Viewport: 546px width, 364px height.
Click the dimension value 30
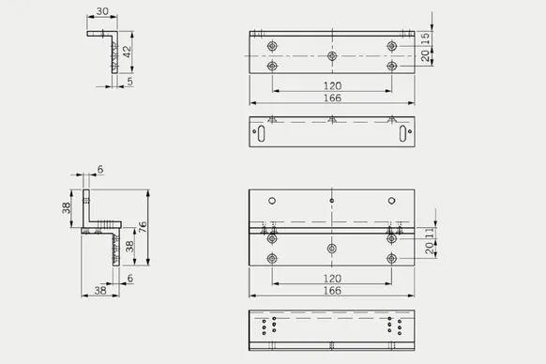click(101, 12)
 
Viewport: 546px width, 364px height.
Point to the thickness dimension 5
click(130, 81)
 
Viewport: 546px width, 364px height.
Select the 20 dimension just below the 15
click(425, 56)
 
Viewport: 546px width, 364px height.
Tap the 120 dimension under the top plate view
click(331, 85)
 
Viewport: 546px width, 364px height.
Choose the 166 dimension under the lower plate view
click(331, 291)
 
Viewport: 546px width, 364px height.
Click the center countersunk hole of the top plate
click(332, 56)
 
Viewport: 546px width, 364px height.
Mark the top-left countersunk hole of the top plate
click(272, 46)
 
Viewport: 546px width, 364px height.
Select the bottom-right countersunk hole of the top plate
click(391, 67)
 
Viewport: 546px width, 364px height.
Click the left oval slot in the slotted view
click(263, 135)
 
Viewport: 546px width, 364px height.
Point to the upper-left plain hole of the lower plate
click(272, 202)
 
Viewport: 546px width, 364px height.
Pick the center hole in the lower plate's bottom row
click(332, 248)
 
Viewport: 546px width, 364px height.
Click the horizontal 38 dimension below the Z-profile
click(99, 292)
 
